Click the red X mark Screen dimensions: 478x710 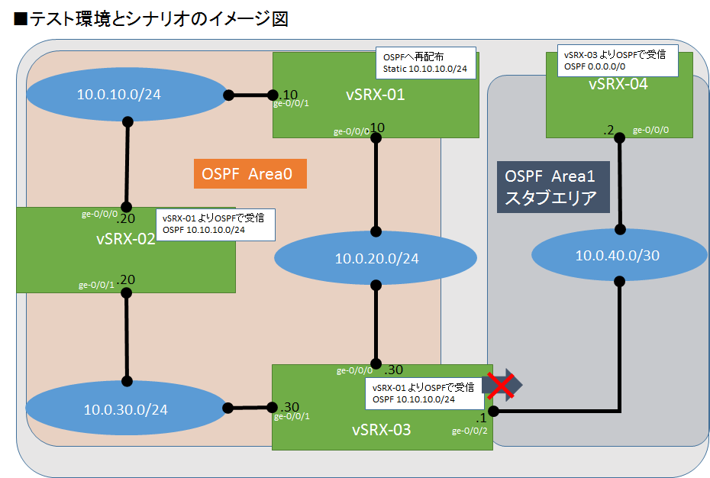[500, 386]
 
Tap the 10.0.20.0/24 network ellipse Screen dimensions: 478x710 [376, 258]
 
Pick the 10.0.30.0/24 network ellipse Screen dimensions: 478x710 [127, 409]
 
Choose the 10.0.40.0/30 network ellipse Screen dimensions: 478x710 [618, 255]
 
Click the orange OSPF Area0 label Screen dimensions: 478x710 [250, 174]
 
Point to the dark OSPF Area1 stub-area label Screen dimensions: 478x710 [552, 188]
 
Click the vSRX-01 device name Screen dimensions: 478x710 [375, 95]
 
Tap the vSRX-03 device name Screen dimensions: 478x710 [382, 430]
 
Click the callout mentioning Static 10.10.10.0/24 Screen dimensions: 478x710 [426, 63]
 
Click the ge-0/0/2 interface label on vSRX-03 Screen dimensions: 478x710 [469, 431]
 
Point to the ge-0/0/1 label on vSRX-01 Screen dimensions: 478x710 [291, 104]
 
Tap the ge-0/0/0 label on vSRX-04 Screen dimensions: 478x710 [650, 131]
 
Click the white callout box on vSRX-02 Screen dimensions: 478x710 [215, 224]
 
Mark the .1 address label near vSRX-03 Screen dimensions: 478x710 [480, 419]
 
